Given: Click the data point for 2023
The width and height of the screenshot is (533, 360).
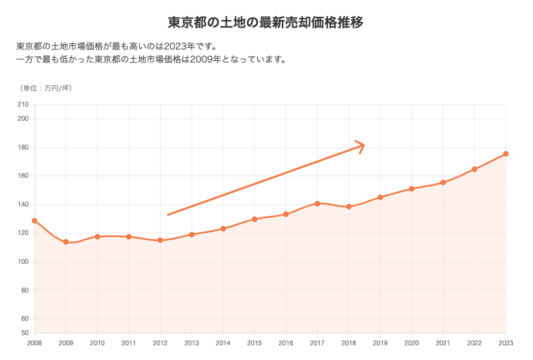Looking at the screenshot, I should pos(506,154).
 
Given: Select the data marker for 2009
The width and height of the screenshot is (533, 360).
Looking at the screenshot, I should pos(66,242).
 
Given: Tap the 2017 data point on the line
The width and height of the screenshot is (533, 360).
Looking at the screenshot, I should pos(317,203).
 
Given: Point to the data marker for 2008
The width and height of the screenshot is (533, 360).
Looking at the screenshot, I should pos(34,221).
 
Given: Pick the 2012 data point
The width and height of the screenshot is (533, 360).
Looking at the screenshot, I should pos(160,240).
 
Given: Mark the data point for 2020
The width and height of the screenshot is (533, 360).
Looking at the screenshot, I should pos(411,189).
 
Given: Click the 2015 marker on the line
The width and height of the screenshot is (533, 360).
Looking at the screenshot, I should pos(254,219).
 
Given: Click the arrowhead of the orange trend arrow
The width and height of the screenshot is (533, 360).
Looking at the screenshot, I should pos(362,146).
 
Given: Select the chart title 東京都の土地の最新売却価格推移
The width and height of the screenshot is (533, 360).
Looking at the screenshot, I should pos(266,23).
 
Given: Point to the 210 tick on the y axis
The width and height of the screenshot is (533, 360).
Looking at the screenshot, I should pos(23,104).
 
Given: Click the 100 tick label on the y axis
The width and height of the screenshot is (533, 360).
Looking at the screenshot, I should pos(23,262).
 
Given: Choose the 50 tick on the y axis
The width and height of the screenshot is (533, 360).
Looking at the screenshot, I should pos(24,333).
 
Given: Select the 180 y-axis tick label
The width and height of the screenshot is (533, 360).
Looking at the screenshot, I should pos(23,148).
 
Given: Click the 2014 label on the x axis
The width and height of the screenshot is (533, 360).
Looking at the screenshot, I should pos(223,343).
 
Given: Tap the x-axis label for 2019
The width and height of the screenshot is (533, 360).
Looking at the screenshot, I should pos(380,343).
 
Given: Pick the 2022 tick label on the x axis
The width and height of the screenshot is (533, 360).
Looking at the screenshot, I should pos(474,343).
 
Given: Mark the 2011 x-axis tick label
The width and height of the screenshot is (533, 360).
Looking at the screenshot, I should pos(129,343).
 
